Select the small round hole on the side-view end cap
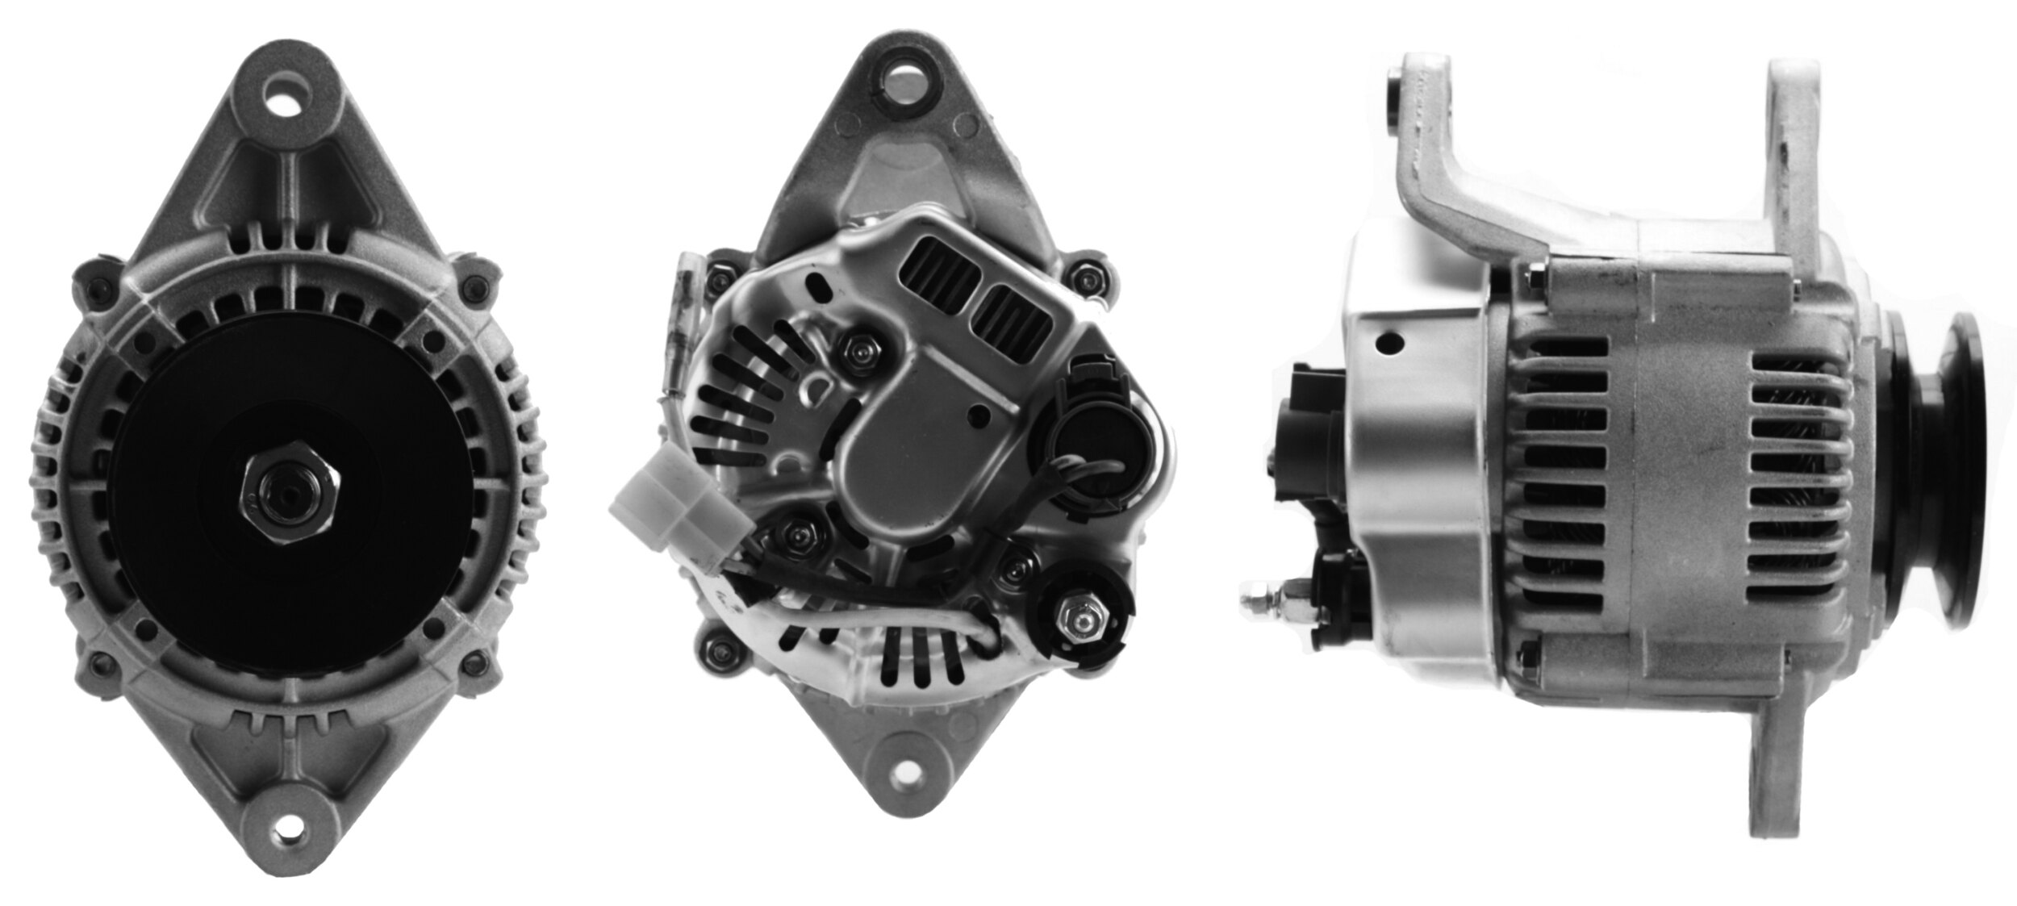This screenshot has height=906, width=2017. point(1389,344)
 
